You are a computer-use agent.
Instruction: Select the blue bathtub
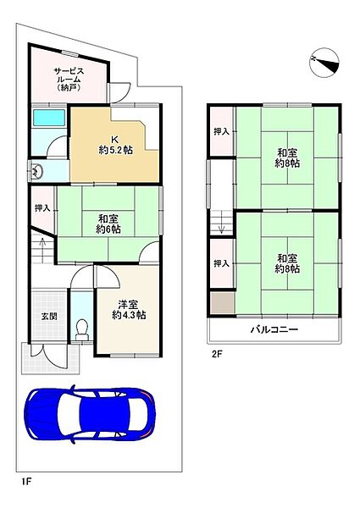tap(50, 119)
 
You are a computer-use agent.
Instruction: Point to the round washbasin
tap(38, 171)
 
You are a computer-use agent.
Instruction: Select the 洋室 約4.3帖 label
tap(129, 308)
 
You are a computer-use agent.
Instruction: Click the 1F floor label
tap(25, 481)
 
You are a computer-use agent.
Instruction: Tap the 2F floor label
tap(216, 354)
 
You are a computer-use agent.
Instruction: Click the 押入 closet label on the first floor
tap(42, 207)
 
